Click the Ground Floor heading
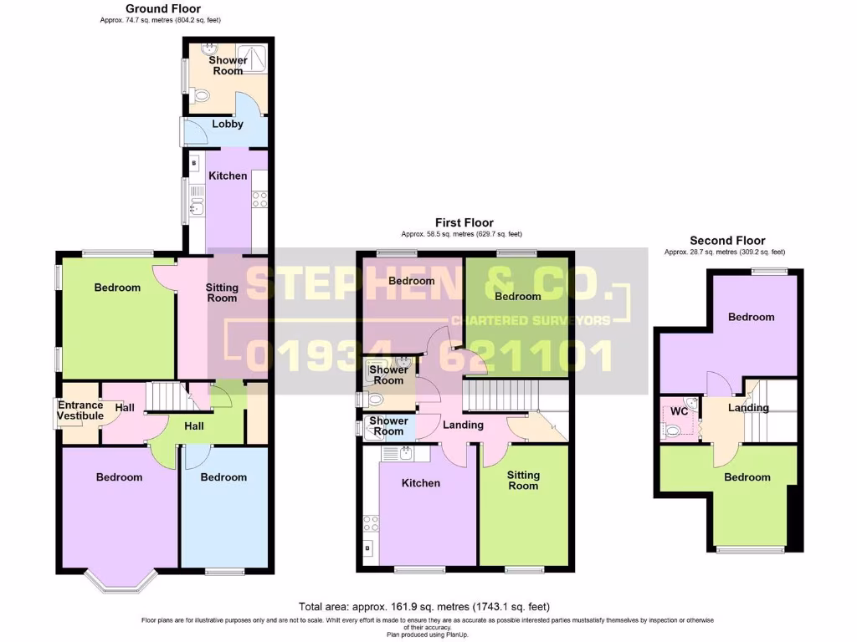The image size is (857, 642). tap(163, 8)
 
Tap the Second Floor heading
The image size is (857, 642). tap(726, 240)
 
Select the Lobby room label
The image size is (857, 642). tap(227, 124)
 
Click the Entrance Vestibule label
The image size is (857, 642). tap(80, 410)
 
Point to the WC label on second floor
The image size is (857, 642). tap(680, 412)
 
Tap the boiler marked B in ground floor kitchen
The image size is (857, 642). tap(194, 164)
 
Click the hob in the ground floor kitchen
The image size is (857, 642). tap(259, 199)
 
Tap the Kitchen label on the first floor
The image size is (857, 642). tap(420, 483)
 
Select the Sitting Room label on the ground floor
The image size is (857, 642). tap(222, 293)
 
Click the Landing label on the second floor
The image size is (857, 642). tap(748, 408)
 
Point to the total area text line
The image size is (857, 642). tap(424, 606)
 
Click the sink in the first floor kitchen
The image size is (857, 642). tap(404, 454)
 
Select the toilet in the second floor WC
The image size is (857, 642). tap(673, 431)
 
